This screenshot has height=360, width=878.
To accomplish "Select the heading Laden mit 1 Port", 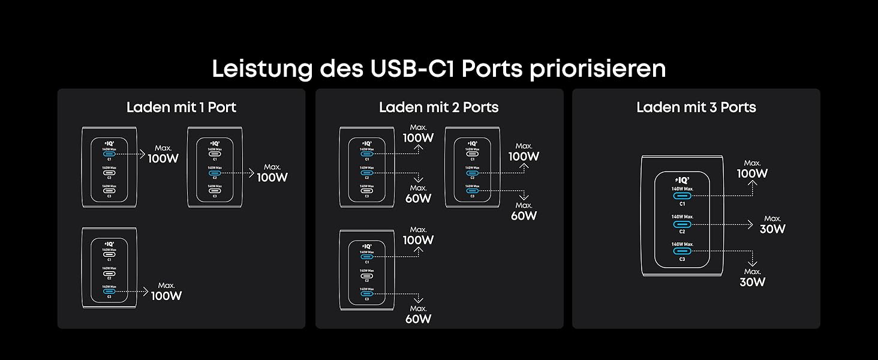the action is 181,107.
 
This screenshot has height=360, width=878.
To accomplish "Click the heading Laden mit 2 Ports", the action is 439,107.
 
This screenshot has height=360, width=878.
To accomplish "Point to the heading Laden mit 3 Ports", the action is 696,107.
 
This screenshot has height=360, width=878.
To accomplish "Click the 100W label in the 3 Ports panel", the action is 752,173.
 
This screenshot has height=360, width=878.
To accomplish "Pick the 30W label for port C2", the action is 772,229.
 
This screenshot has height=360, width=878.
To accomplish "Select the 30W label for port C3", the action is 752,281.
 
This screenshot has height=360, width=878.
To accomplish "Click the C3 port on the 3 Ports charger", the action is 682,251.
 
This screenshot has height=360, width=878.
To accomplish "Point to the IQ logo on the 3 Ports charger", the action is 682,179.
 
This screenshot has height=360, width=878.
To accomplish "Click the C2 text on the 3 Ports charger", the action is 682,231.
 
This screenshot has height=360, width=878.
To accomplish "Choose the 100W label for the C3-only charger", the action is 166,295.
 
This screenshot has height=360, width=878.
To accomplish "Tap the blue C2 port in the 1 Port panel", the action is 215,173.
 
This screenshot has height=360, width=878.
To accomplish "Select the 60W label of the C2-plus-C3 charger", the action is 524,215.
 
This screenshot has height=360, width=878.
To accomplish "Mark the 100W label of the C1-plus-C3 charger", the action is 418,240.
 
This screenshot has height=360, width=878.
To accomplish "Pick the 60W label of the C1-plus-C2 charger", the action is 418,198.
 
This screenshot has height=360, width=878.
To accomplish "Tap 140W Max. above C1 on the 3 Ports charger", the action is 682,188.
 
